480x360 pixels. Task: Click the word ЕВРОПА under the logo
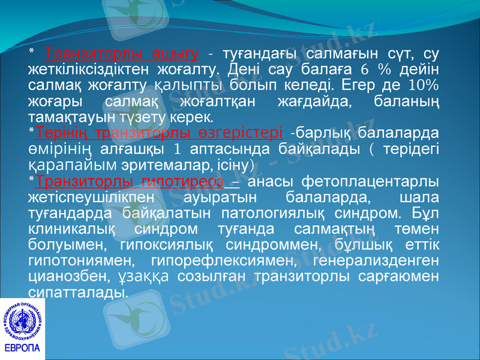(22, 349)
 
